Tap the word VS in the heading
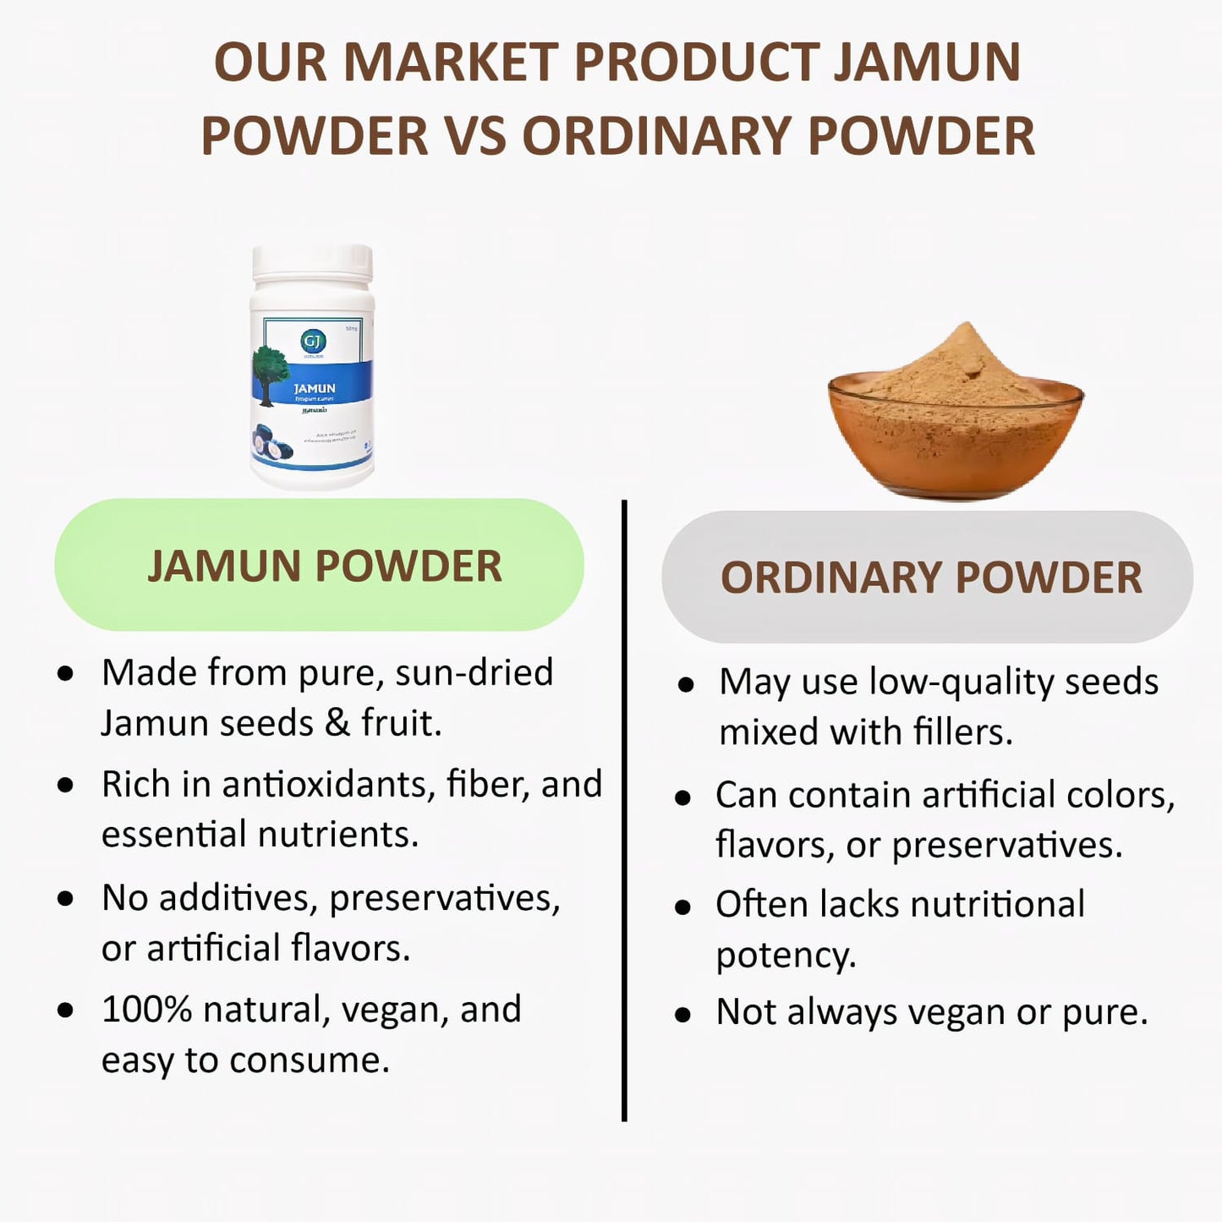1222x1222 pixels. (x=474, y=136)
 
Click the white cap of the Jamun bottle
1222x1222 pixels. (x=312, y=263)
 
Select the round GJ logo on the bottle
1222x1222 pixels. (x=313, y=341)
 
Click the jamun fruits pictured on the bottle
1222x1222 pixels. (x=271, y=445)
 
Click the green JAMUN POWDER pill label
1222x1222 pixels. (x=320, y=565)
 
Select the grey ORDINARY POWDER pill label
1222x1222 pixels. (x=928, y=578)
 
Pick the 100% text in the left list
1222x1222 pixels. (x=146, y=1010)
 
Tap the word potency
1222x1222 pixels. (x=786, y=956)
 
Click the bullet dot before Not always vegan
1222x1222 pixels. (x=683, y=1015)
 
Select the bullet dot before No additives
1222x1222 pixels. (x=65, y=899)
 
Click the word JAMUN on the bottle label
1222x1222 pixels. (x=315, y=388)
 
